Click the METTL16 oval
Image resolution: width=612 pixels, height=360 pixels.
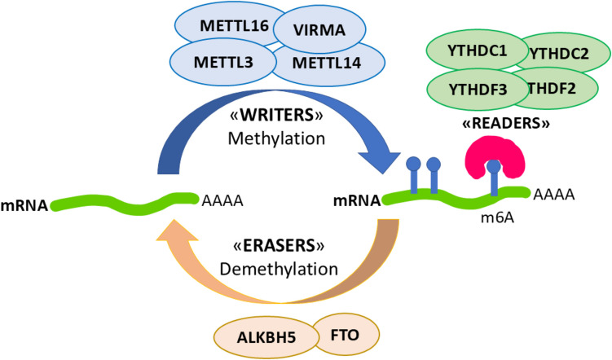tap(231, 25)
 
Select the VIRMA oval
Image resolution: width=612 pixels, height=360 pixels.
tap(319, 30)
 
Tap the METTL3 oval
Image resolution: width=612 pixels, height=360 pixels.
tap(223, 63)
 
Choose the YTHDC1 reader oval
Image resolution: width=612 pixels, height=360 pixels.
tap(477, 50)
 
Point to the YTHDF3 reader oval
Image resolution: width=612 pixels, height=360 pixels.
tap(478, 90)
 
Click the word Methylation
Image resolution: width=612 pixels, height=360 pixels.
tap(276, 138)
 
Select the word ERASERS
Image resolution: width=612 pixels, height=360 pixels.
tap(279, 246)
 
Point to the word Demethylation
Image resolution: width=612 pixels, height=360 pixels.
tap(279, 269)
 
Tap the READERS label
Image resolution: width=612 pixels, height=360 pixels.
tap(506, 123)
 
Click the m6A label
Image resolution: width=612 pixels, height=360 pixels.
tap(497, 217)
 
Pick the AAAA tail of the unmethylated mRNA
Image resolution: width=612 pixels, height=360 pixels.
tap(222, 200)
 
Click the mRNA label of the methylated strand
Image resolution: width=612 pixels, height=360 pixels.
tap(357, 200)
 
